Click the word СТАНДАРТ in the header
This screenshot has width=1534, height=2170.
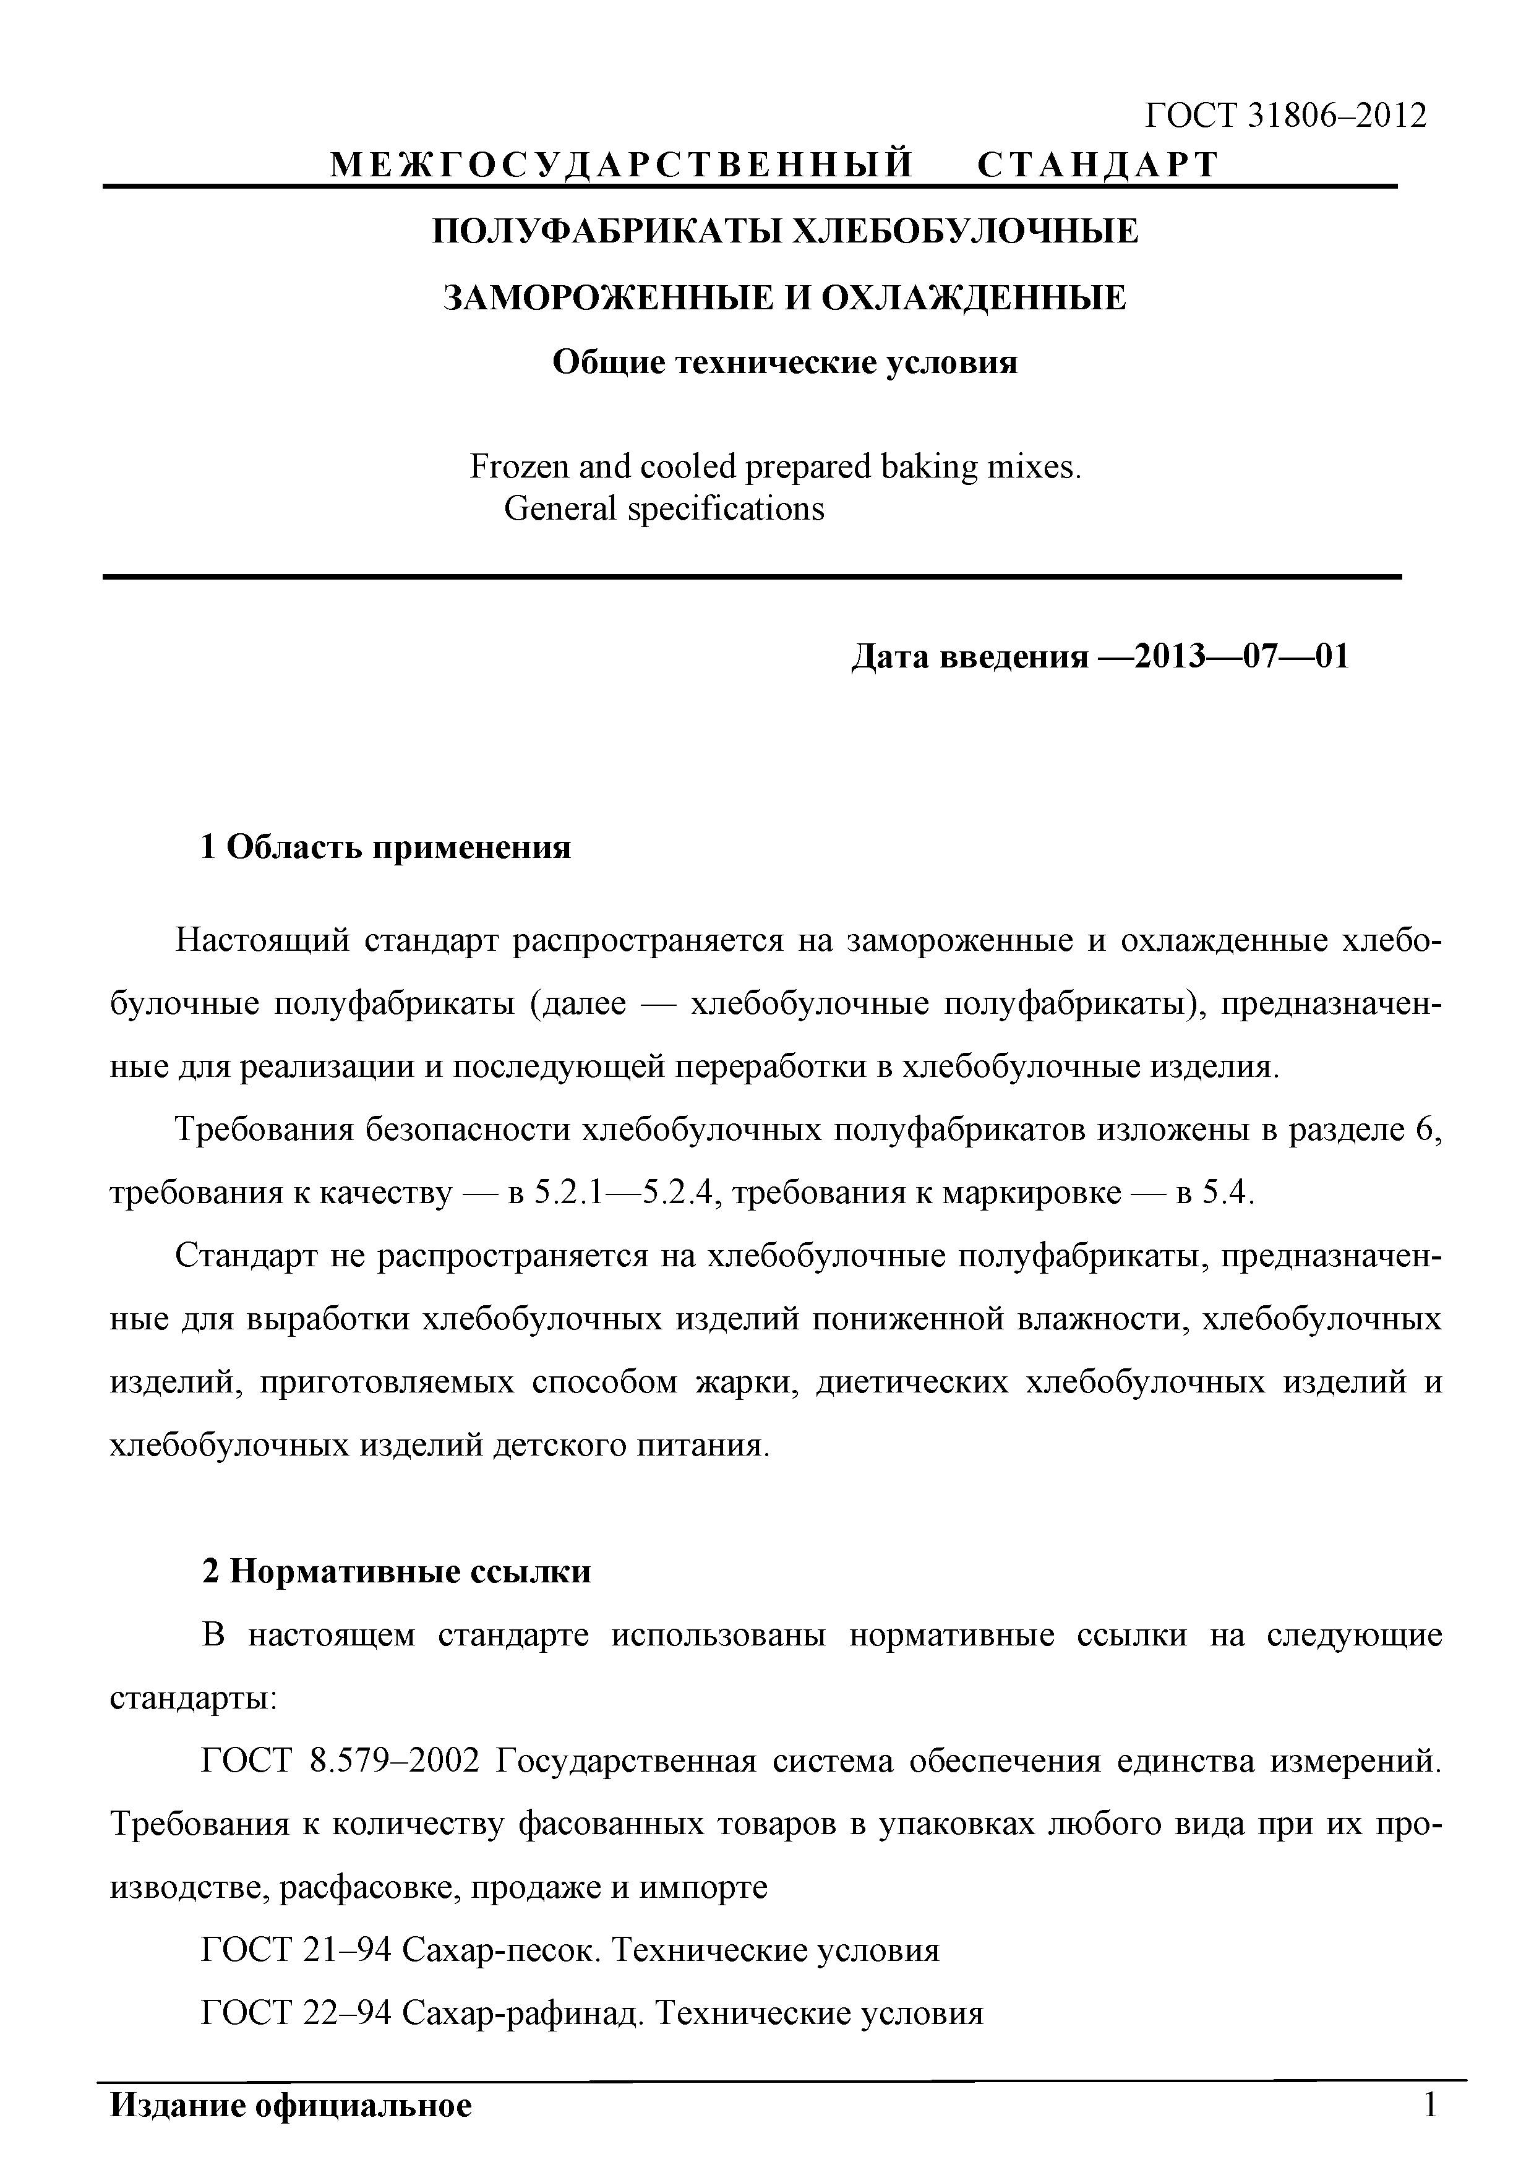[x=1097, y=165]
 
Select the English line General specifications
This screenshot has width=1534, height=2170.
[x=664, y=510]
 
